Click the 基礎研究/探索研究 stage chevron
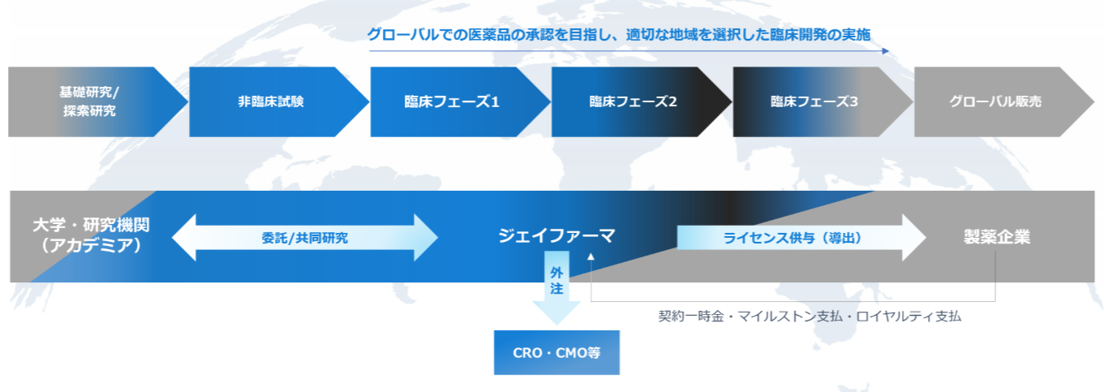click(x=89, y=101)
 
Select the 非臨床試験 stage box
click(x=271, y=101)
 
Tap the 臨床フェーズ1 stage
click(x=452, y=101)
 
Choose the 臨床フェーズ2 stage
click(x=633, y=101)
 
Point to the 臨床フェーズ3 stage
click(x=814, y=101)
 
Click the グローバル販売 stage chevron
click(x=995, y=101)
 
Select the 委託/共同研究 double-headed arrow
click(x=305, y=238)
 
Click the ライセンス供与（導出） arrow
click(x=792, y=238)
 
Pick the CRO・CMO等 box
click(x=556, y=352)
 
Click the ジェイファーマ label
click(x=556, y=236)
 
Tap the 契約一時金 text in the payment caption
click(x=690, y=316)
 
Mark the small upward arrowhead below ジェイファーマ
click(x=591, y=257)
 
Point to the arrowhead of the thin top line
click(x=885, y=51)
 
